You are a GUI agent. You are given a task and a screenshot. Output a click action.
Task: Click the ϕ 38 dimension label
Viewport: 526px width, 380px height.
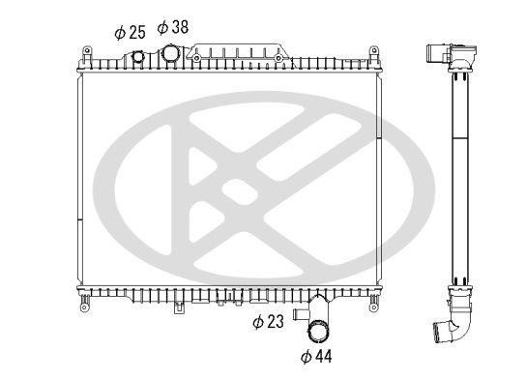tap(174, 26)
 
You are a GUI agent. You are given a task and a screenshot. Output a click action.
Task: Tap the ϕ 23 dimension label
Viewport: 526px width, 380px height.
tap(268, 321)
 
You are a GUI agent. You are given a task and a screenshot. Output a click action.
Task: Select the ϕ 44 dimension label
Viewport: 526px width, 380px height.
tap(317, 357)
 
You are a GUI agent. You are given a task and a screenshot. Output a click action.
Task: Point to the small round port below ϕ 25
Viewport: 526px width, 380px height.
tap(137, 58)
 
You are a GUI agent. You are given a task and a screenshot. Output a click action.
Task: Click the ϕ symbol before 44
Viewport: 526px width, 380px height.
tap(306, 358)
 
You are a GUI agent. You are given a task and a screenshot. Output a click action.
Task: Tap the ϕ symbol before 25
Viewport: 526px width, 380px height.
tap(119, 33)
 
